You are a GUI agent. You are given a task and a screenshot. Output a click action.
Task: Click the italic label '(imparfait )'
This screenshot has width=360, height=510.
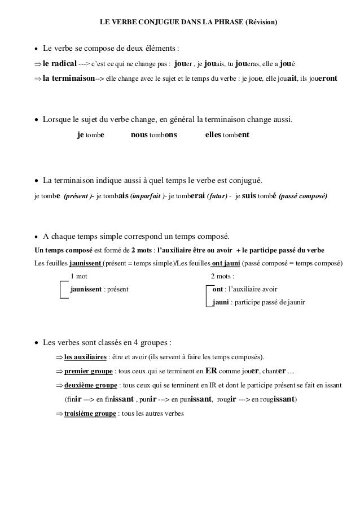148,197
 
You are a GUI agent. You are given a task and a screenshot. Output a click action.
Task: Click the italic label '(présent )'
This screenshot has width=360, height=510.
78,197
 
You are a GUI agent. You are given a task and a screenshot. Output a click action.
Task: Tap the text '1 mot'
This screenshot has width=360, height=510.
79,276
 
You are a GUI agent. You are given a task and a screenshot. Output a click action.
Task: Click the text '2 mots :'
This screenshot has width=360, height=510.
222,276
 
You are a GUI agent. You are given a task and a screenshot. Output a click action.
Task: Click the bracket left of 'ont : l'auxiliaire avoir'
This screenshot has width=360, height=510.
208,296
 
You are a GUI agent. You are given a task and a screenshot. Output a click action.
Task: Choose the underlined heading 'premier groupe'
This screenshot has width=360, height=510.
89,372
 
